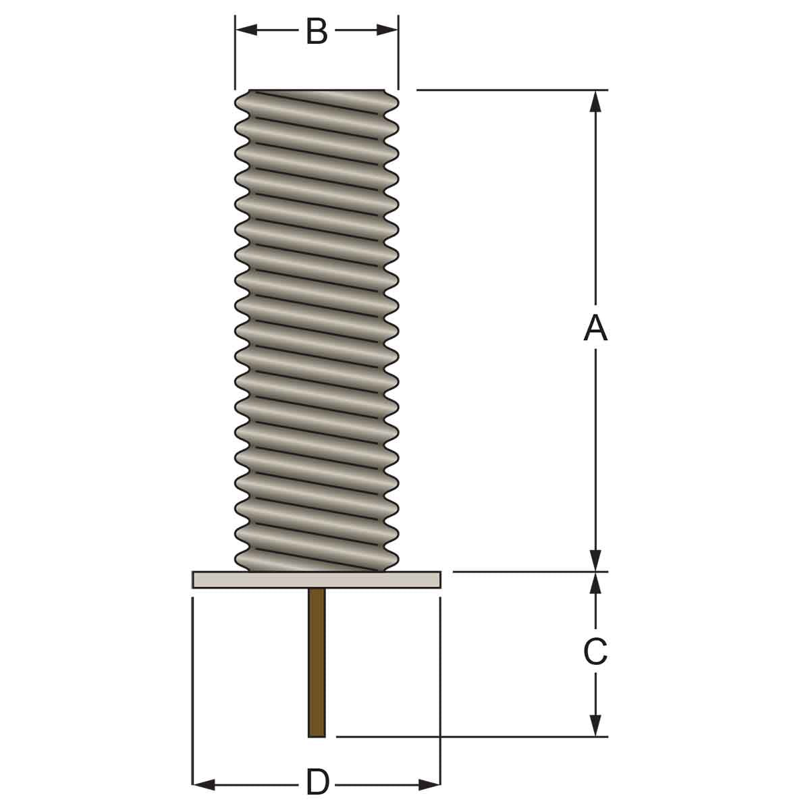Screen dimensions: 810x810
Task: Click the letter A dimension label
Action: [595, 329]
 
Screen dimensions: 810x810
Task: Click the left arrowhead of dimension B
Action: [246, 30]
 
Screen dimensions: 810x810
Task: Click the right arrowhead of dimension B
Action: [387, 30]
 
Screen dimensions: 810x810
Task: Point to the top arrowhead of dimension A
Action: [595, 101]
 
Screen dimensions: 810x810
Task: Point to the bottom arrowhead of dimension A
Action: [595, 561]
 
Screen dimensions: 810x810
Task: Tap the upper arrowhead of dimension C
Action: [595, 583]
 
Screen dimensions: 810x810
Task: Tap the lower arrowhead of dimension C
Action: [595, 726]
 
